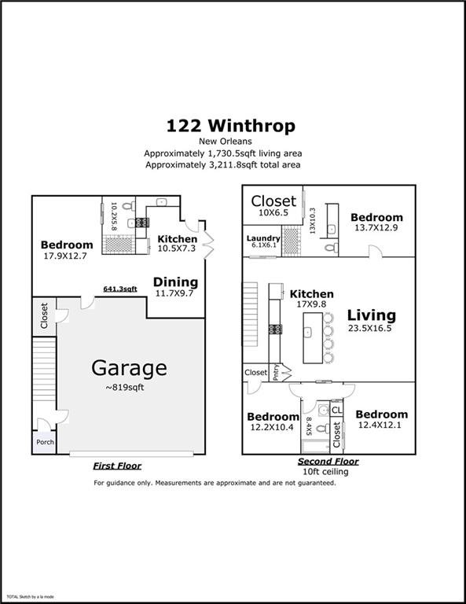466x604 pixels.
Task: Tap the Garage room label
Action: coord(129,367)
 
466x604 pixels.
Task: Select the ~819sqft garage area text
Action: coord(129,387)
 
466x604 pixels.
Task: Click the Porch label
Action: coord(45,441)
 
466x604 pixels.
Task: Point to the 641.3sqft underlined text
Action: coord(120,289)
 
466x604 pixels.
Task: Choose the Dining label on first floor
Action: coord(175,282)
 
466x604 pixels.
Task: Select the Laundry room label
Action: coord(263,238)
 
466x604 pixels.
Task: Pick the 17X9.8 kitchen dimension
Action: coord(311,305)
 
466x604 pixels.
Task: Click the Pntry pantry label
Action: coord(276,372)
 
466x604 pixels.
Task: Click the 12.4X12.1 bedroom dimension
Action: coord(381,425)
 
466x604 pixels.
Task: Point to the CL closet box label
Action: coord(336,411)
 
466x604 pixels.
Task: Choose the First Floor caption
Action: coord(117,466)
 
